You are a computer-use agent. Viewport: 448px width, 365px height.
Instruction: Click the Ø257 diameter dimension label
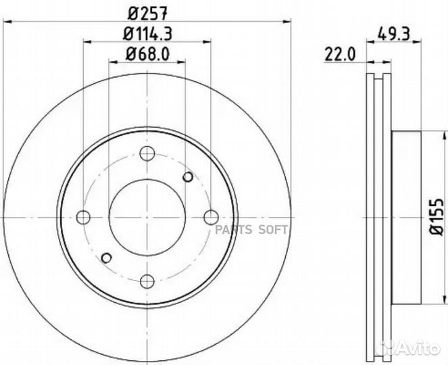(x=147, y=14)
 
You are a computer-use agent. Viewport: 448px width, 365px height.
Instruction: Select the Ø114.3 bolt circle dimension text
(x=147, y=34)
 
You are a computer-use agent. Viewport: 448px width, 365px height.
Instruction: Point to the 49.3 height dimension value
(x=394, y=34)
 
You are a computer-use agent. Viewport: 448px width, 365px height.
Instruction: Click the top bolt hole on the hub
(x=147, y=153)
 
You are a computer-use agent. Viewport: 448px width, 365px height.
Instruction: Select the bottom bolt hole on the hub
(x=147, y=282)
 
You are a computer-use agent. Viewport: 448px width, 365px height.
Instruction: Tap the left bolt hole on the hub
(x=83, y=217)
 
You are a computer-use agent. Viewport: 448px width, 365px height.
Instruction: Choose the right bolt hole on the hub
(x=211, y=217)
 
